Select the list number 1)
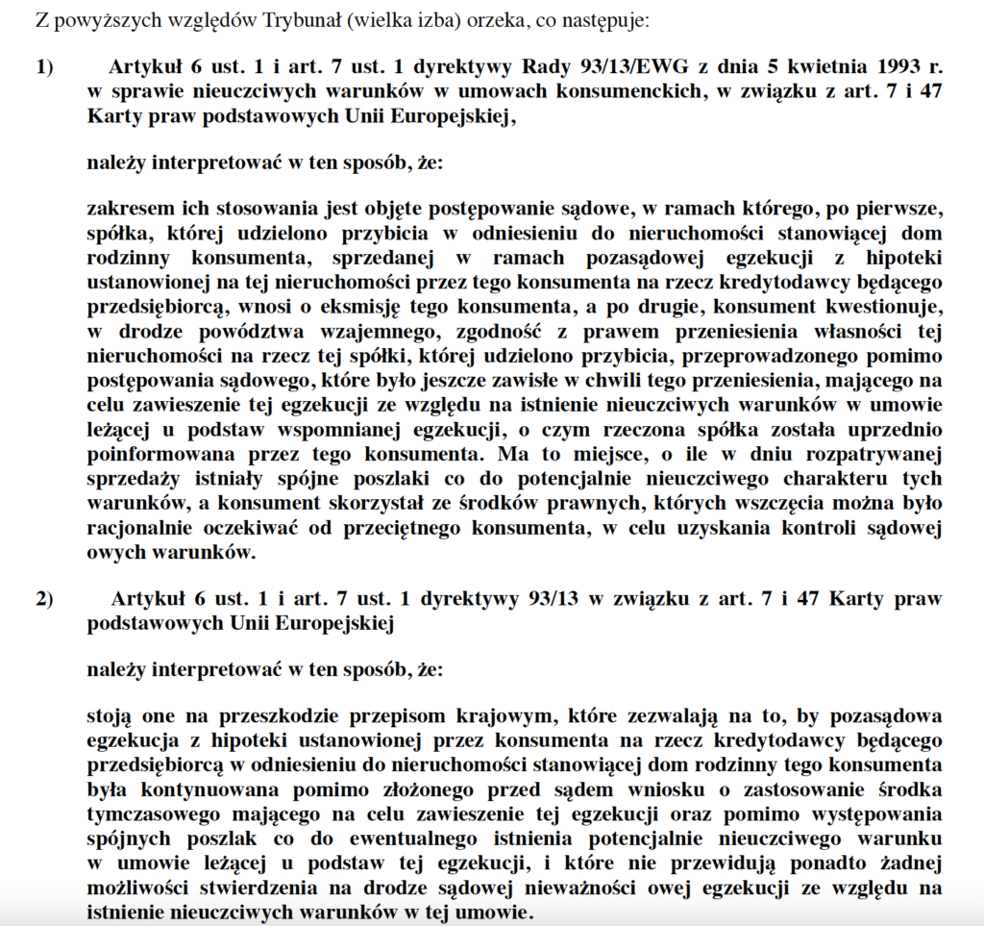click(x=45, y=68)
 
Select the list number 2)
click(x=45, y=599)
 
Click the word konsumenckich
click(x=433, y=92)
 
